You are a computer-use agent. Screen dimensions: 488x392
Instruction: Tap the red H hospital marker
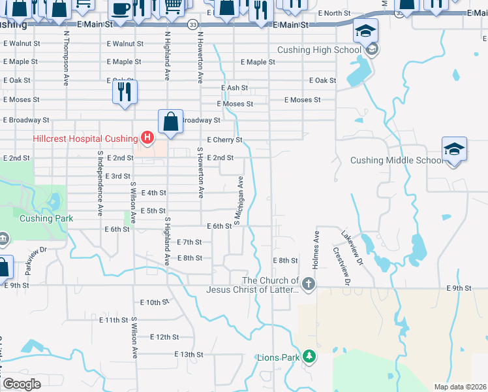tap(147, 138)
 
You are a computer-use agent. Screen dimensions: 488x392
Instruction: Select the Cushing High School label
tap(319, 50)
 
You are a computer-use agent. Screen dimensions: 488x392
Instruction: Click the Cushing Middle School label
tap(397, 160)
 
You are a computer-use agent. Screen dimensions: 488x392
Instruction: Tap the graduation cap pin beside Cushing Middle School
tap(454, 150)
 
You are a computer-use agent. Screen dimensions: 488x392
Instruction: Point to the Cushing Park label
tap(44, 218)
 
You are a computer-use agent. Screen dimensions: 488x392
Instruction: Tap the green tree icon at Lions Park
tap(311, 357)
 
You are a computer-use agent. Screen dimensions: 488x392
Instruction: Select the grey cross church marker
tap(309, 284)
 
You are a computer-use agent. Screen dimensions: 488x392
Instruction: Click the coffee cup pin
tap(120, 10)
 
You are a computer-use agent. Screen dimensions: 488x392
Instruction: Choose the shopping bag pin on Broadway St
tap(170, 122)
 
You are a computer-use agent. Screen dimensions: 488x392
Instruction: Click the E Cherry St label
tap(224, 140)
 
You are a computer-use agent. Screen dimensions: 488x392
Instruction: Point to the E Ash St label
tap(234, 88)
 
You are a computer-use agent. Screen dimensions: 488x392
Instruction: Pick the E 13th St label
tap(189, 354)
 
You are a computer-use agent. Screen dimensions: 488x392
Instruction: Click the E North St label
tap(334, 13)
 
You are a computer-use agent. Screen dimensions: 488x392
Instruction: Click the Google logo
tap(22, 384)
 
